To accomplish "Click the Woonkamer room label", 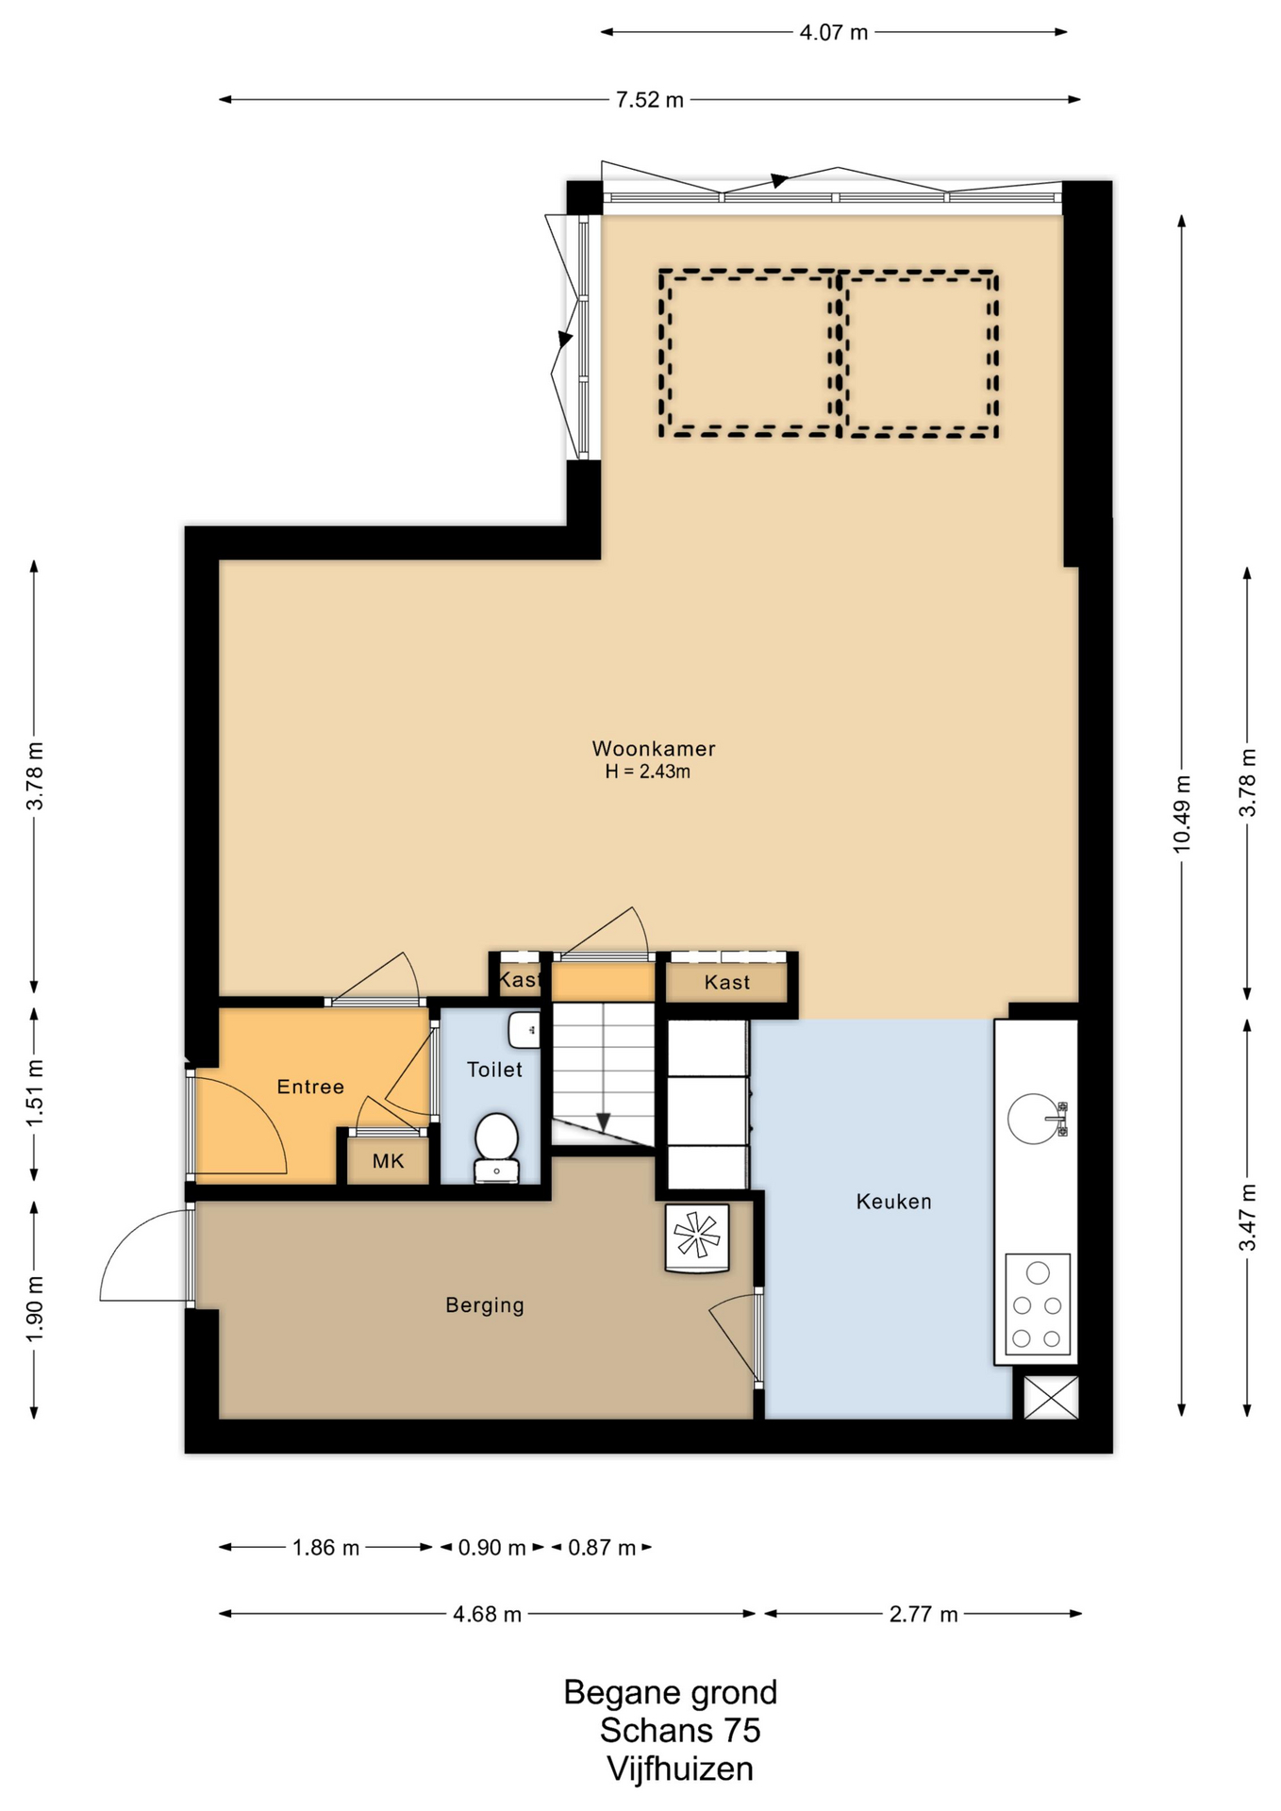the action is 653,748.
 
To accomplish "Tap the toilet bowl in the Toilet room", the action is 496,1147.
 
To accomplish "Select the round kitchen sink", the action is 1034,1119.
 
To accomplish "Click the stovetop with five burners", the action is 1037,1304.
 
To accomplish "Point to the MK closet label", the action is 388,1160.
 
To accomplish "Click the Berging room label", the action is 485,1305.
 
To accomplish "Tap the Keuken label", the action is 893,1201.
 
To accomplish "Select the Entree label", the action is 310,1087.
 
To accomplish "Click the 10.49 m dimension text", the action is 1181,813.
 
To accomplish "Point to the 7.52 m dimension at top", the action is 649,99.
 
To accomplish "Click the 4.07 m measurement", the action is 833,32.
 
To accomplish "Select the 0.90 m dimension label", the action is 491,1548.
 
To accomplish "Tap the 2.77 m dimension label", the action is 923,1614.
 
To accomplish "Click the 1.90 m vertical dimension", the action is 34,1309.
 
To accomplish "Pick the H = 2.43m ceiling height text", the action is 648,772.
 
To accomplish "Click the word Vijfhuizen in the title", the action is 680,1769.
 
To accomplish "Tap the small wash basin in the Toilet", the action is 524,1030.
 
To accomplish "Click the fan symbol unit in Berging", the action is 697,1238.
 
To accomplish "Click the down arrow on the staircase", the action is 604,1122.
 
